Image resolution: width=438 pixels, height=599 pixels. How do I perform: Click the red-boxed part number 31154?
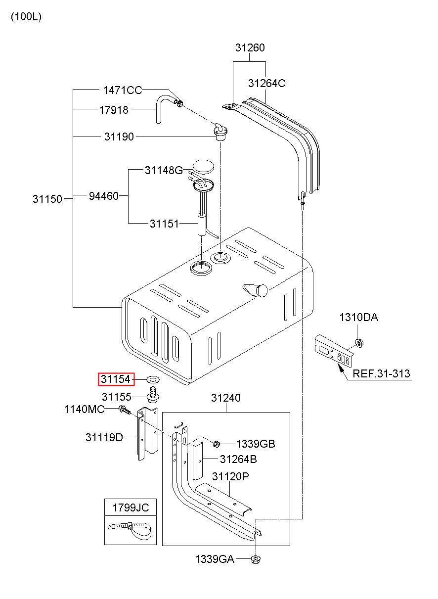tap(116, 379)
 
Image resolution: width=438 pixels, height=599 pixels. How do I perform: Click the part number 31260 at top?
tap(250, 47)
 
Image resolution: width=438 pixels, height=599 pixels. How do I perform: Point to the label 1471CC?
tap(123, 90)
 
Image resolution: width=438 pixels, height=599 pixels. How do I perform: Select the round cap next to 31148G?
tap(203, 167)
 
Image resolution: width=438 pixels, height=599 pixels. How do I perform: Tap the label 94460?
tap(103, 196)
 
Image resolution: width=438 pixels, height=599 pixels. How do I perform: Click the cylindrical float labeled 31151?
tap(202, 225)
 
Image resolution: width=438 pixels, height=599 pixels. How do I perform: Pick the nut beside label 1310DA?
tap(359, 343)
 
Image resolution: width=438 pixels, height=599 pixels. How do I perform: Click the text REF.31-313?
tap(381, 373)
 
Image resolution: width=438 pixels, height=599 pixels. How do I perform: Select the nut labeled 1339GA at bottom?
tap(256, 559)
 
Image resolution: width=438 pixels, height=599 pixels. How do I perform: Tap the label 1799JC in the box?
tap(131, 507)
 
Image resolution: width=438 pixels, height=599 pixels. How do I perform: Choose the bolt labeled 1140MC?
tap(125, 410)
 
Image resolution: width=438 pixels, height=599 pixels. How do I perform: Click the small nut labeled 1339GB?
tap(217, 444)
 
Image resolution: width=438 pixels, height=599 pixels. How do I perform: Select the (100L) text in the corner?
tap(26, 17)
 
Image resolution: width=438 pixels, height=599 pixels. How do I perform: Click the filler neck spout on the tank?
tap(255, 290)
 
